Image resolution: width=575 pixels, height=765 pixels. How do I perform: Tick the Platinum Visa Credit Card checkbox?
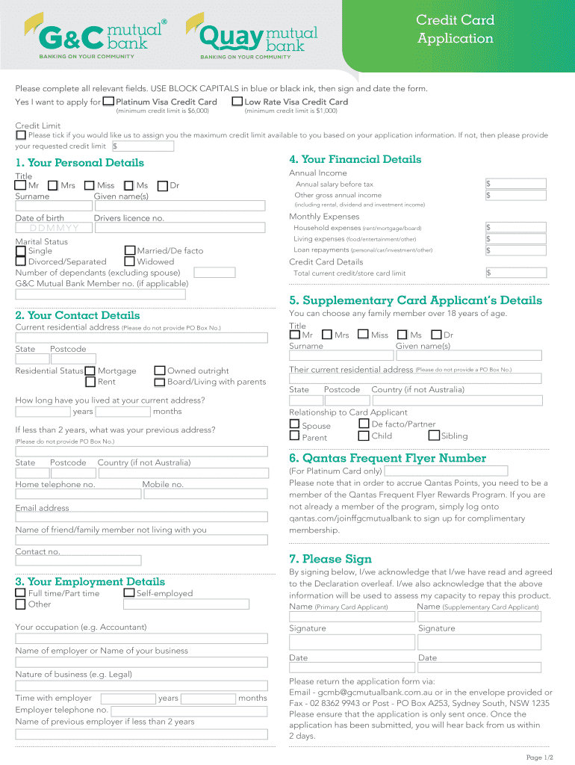(x=108, y=101)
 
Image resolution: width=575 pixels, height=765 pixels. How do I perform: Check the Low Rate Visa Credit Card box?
(x=237, y=101)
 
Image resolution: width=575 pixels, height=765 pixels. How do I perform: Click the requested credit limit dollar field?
(x=142, y=146)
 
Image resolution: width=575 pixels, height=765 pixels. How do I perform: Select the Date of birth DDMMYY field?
(x=53, y=228)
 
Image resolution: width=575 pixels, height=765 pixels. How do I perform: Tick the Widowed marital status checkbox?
(x=130, y=261)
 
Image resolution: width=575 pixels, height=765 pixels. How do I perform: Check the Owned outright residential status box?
(x=160, y=371)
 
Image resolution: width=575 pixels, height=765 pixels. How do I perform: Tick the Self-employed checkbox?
(x=130, y=593)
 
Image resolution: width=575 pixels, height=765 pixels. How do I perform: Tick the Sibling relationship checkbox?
(x=432, y=436)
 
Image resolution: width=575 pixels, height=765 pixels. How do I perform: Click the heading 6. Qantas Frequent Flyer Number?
(x=387, y=458)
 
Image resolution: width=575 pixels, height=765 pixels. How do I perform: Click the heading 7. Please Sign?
(x=330, y=559)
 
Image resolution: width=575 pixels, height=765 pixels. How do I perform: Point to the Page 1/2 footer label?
(x=539, y=758)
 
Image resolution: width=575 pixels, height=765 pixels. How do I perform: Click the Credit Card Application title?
(x=455, y=30)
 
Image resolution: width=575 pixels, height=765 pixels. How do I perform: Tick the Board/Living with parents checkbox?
(x=160, y=382)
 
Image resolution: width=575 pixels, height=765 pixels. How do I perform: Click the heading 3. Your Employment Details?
(x=90, y=581)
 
